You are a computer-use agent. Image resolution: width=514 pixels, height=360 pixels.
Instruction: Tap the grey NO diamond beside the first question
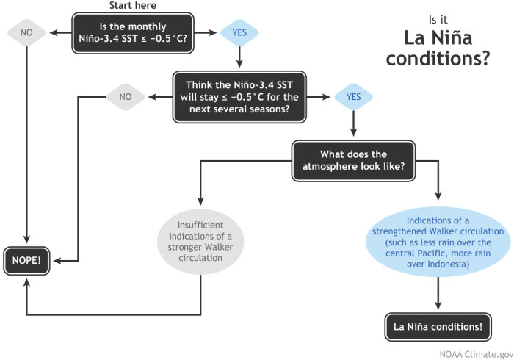(26, 33)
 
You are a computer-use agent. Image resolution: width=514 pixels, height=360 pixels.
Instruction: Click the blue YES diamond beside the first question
(239, 33)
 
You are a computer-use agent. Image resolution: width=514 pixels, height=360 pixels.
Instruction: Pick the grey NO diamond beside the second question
(126, 96)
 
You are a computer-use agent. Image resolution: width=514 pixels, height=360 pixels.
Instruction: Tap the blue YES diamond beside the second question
(353, 96)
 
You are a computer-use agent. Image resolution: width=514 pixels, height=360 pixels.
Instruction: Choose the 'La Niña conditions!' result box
(438, 326)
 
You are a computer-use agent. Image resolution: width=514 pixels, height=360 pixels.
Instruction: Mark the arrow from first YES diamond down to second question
(239, 57)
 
